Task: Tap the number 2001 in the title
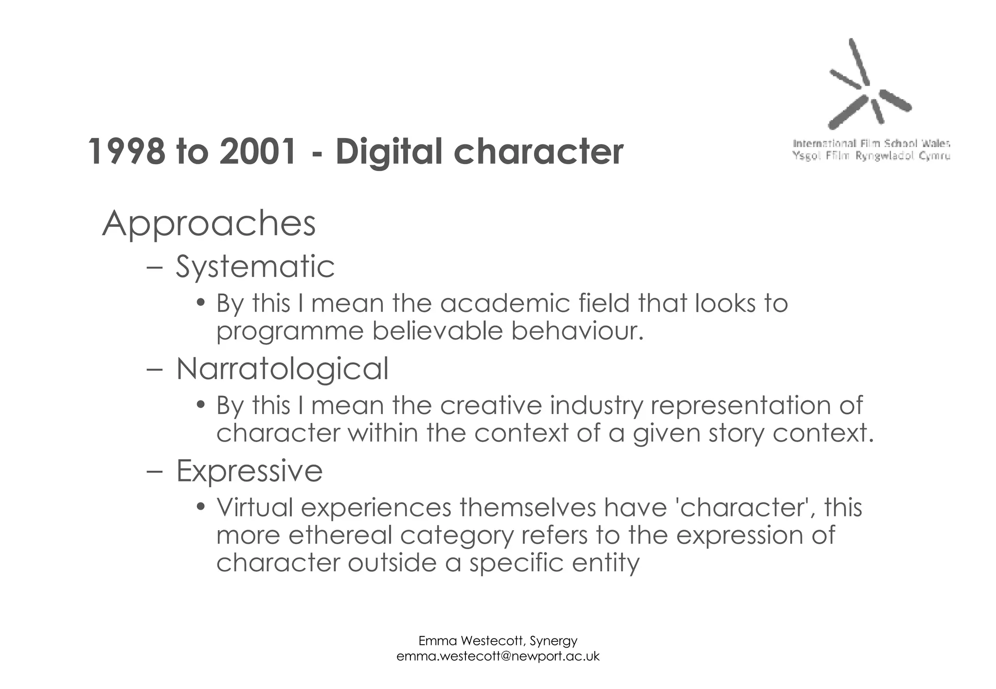pyautogui.click(x=258, y=152)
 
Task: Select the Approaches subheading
pyautogui.click(x=209, y=224)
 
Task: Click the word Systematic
pyautogui.click(x=255, y=267)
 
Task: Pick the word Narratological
pyautogui.click(x=282, y=369)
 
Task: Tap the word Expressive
pyautogui.click(x=249, y=471)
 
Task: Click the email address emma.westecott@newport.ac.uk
pyautogui.click(x=498, y=656)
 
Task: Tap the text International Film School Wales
pyautogui.click(x=871, y=143)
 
